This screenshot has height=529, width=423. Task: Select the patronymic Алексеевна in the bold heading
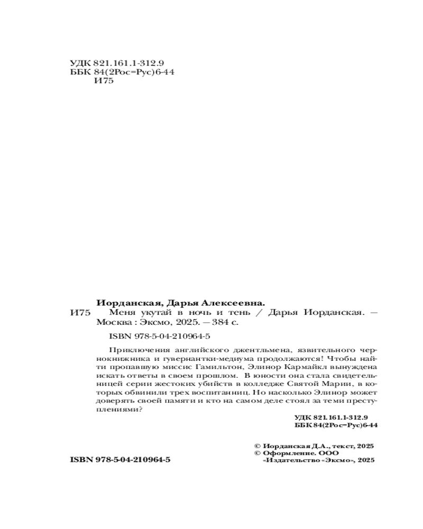coord(235,303)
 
